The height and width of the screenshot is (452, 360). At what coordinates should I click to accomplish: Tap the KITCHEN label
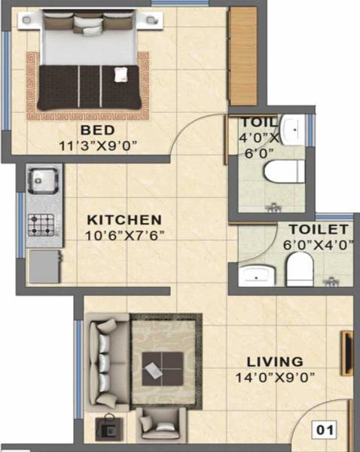point(124,220)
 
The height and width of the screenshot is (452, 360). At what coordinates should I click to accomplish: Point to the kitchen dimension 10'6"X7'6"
point(124,234)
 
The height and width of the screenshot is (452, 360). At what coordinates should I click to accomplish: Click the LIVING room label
point(279,362)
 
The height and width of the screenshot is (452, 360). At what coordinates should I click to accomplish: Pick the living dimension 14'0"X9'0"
point(278,377)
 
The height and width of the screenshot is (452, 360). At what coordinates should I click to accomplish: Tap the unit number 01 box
point(325,431)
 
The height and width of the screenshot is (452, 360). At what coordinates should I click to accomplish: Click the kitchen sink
point(39,180)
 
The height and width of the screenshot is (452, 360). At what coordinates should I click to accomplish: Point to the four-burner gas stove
point(40,223)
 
